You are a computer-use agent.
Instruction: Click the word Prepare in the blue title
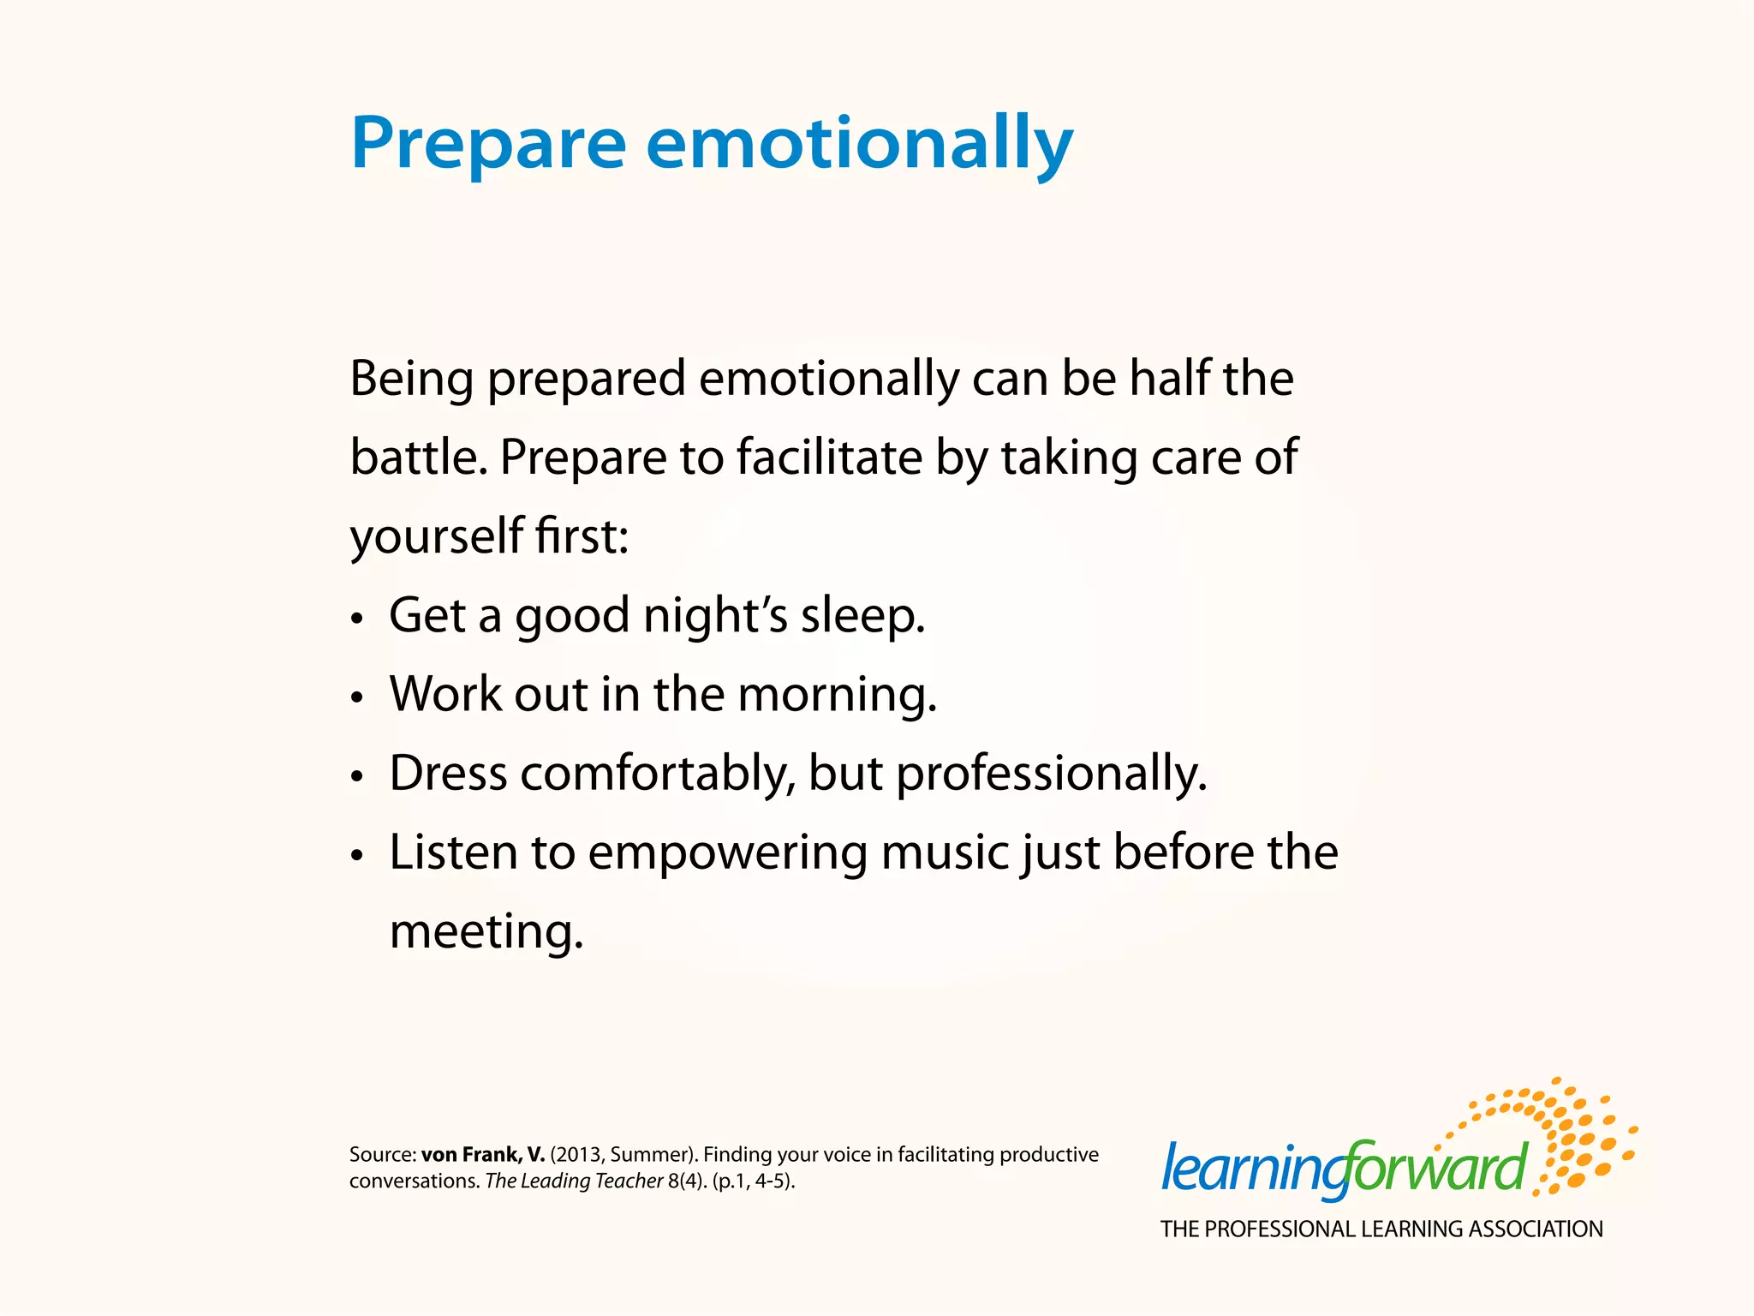point(488,144)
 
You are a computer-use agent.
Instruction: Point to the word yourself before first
point(436,537)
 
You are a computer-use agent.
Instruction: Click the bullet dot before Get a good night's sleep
point(358,619)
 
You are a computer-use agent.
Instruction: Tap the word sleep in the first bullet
point(862,617)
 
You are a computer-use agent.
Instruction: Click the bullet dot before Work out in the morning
point(358,697)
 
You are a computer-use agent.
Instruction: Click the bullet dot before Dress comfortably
point(358,776)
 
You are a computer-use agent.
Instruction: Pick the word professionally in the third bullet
point(1051,775)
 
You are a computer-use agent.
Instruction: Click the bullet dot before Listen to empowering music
point(358,855)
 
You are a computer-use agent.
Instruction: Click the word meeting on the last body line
point(486,932)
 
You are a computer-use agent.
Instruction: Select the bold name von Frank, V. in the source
point(482,1155)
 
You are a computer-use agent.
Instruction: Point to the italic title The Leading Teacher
point(574,1181)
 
